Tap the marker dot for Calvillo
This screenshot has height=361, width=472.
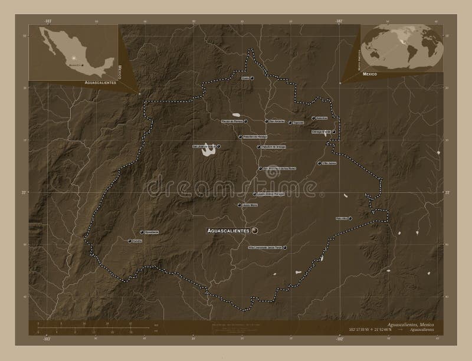pos(129,241)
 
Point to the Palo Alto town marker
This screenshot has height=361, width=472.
pos(350,218)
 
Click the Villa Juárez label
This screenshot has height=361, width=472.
pos(329,163)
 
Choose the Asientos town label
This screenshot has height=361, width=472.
pos(322,117)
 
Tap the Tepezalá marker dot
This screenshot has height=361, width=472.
pos(290,123)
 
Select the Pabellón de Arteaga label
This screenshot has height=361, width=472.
pos(268,147)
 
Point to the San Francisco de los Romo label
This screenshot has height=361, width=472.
pos(278,169)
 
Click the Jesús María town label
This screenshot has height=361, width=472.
pos(248,205)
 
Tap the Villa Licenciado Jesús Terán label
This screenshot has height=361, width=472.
pos(265,247)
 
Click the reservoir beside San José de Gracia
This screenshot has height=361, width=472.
pos(208,153)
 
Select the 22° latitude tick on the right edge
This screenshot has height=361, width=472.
pos(447,192)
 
